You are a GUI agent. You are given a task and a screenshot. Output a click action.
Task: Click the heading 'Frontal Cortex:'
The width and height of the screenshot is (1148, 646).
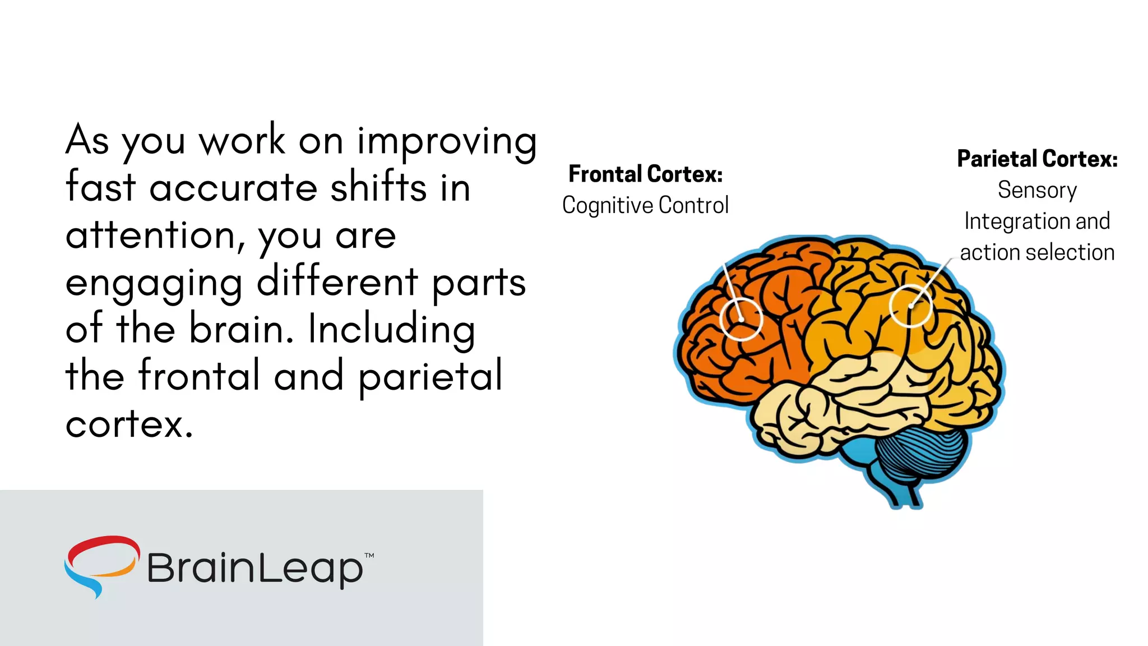[645, 174]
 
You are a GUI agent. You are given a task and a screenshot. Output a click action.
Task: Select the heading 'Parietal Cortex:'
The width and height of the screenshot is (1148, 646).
[1036, 159]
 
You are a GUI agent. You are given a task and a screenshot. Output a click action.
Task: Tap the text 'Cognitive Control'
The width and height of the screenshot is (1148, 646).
[645, 205]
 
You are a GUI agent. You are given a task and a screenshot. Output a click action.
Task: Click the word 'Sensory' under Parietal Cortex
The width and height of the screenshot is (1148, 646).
[1036, 190]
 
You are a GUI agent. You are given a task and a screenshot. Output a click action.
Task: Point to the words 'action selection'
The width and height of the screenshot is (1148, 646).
[1036, 252]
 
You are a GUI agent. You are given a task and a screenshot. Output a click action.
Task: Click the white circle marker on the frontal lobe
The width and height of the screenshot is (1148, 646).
[741, 319]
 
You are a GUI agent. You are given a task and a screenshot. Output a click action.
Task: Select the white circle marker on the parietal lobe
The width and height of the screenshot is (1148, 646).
[910, 306]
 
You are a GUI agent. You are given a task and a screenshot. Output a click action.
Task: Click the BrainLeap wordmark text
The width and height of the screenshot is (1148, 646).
[255, 568]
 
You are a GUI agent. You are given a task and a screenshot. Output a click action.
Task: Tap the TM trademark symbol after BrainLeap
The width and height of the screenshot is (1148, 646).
[369, 556]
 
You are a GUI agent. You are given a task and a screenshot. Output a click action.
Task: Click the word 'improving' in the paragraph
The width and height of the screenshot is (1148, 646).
[447, 141]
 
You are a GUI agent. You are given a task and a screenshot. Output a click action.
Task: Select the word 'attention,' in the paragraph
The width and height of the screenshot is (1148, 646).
[155, 236]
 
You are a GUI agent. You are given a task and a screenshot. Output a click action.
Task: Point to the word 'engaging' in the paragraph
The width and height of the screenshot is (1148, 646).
[154, 283]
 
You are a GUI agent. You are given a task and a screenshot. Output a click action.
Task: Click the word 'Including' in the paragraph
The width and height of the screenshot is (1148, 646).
[391, 329]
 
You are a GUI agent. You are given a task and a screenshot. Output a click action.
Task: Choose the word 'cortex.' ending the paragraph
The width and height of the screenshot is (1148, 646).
[129, 424]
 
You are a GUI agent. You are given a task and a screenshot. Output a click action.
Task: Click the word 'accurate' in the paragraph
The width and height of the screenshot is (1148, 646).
[233, 188]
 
